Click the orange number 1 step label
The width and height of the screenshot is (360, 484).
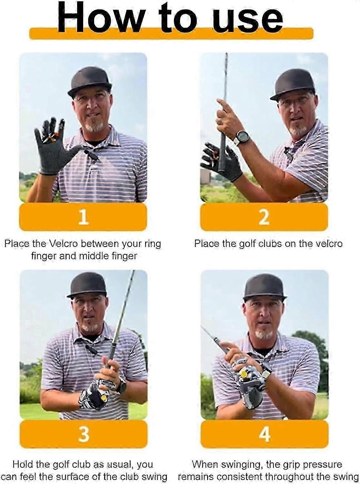[x=83, y=217]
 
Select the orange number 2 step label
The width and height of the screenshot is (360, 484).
[x=264, y=217]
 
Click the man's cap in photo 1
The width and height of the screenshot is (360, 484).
[x=90, y=81]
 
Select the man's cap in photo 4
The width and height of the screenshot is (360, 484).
[x=265, y=287]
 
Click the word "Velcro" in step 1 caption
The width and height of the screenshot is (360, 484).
[x=64, y=243]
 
